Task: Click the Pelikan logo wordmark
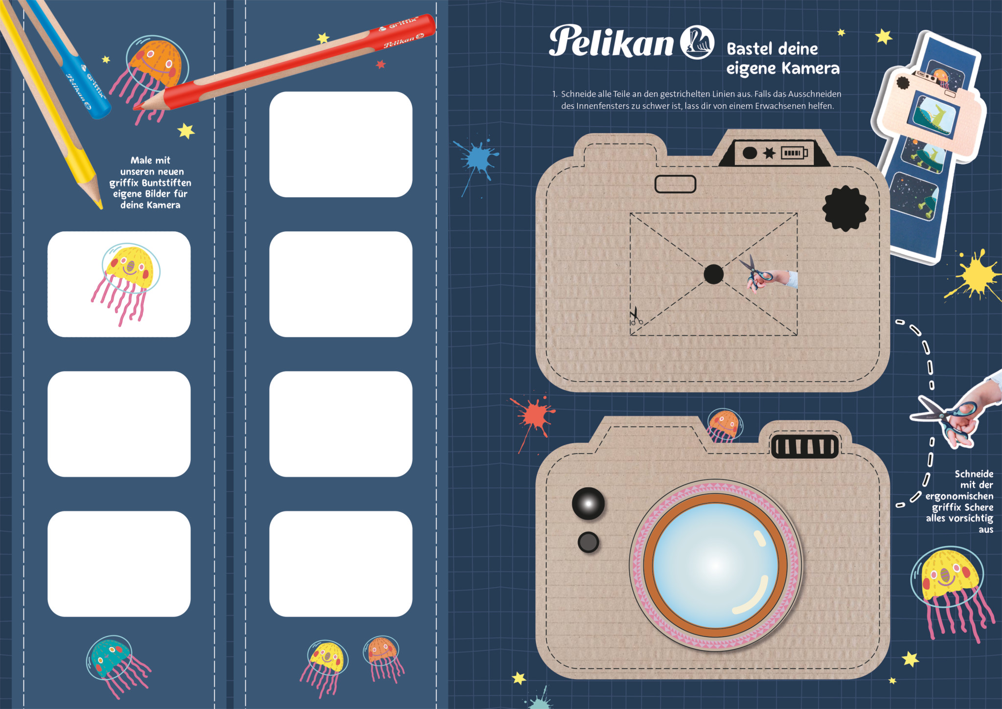[x=611, y=41]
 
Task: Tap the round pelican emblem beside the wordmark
[x=697, y=42]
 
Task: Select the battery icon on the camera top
[x=794, y=153]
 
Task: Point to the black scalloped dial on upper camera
[x=845, y=208]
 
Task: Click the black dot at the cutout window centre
[x=713, y=274]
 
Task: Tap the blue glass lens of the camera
[x=715, y=566]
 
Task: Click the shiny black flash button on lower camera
[x=589, y=503]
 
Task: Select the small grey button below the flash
[x=588, y=542]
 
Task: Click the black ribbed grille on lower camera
[x=805, y=446]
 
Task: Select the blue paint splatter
[x=477, y=161]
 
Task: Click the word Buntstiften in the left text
[x=166, y=183]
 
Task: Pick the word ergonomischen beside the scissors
[x=959, y=496]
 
